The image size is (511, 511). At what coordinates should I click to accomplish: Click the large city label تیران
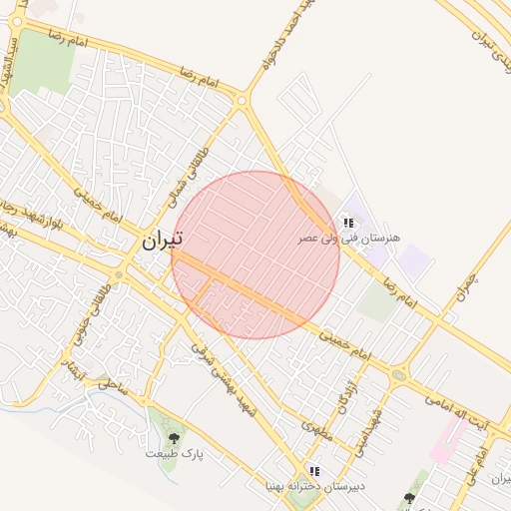pos(163,241)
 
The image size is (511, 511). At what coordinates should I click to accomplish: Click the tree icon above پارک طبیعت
pos(175,437)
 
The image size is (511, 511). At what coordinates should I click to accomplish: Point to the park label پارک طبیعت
pos(175,454)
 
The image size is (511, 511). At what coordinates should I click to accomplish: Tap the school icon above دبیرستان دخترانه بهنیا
pos(314,471)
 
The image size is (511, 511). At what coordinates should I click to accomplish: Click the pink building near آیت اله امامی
pos(447,439)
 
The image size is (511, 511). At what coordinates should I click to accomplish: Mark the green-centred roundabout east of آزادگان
pos(399,375)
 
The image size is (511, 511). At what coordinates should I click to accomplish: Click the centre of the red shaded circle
pos(255,255)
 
